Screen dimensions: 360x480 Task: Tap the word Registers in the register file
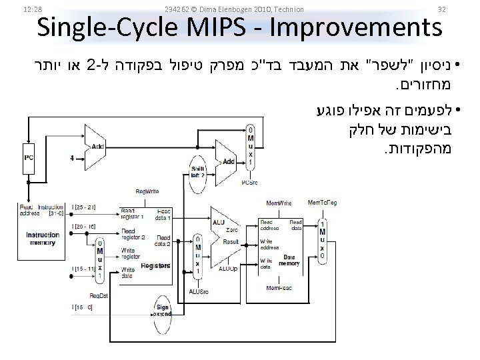click(x=157, y=265)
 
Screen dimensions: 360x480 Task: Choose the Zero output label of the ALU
click(x=231, y=229)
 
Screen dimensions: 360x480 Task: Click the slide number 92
click(x=441, y=9)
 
